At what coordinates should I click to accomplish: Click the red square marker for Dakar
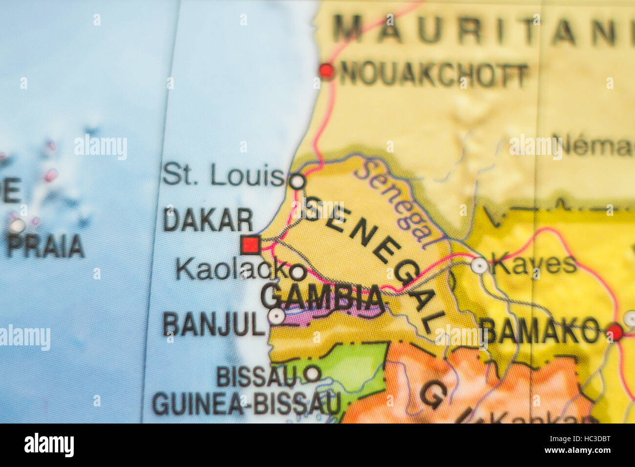click(251, 245)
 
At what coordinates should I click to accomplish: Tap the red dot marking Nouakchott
click(326, 71)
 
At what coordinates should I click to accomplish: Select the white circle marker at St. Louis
click(297, 182)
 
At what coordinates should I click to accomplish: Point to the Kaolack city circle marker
click(297, 272)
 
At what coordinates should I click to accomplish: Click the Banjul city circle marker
click(276, 317)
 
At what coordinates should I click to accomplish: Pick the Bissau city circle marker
click(312, 374)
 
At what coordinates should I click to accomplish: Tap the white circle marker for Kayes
click(479, 265)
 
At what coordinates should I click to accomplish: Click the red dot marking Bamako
click(614, 332)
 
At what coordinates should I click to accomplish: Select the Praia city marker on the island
click(18, 226)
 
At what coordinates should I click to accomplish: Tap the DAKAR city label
click(208, 220)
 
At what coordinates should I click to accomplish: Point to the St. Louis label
click(223, 175)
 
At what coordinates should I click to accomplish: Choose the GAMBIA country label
click(322, 297)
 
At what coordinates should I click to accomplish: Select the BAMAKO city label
click(540, 331)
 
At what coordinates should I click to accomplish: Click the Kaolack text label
click(233, 269)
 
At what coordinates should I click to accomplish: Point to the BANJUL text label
click(213, 324)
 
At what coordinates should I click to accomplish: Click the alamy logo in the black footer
click(49, 445)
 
